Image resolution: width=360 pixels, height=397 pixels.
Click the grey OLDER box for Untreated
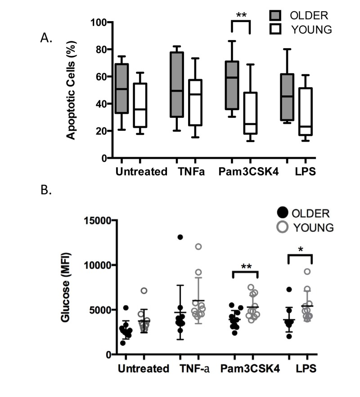pyautogui.click(x=121, y=88)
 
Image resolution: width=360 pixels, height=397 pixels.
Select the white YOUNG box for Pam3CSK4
pyautogui.click(x=250, y=113)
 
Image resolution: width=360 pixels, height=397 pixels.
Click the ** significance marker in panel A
pyautogui.click(x=241, y=15)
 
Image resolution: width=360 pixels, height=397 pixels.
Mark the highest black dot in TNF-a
pyautogui.click(x=180, y=237)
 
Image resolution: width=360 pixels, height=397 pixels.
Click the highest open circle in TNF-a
pyautogui.click(x=198, y=246)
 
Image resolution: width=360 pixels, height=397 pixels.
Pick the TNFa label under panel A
pyautogui.click(x=186, y=172)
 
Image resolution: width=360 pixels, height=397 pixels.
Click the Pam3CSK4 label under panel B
pyautogui.click(x=250, y=369)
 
